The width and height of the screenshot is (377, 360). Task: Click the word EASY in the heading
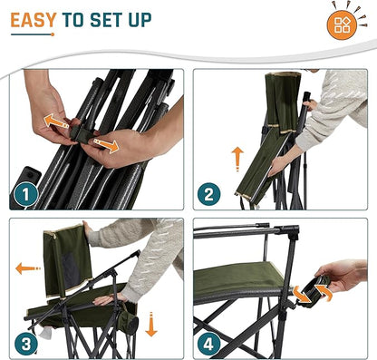coord(34,20)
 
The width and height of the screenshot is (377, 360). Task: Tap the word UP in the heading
coord(140,20)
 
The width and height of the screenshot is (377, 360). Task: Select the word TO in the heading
coord(73,20)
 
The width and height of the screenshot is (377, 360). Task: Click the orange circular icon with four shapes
coord(342,25)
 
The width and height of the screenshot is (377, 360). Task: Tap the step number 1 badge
coord(25,195)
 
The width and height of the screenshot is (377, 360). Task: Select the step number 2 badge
coord(209,194)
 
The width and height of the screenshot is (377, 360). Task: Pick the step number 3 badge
coord(26,344)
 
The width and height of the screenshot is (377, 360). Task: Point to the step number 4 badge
coord(209,344)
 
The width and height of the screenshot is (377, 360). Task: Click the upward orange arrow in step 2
coord(237,159)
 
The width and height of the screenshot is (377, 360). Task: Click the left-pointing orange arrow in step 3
coord(28,268)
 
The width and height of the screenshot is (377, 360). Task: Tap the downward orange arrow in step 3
coord(151,325)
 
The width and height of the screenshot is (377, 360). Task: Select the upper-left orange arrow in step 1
coord(56,121)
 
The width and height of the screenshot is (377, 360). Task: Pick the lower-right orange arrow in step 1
coord(106,145)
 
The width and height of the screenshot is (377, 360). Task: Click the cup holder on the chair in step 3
coord(130,320)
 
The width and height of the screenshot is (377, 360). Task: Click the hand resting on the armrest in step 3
coord(105,300)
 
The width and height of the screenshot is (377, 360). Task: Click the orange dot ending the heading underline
coord(53,34)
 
